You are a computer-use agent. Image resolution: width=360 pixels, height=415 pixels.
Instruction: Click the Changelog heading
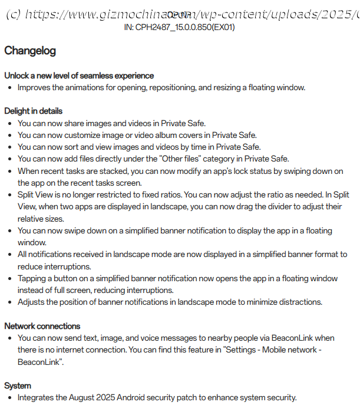point(30,51)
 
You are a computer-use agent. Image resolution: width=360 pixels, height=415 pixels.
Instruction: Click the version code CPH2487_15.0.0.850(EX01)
point(186,27)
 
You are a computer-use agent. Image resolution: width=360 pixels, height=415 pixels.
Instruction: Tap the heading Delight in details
point(33,111)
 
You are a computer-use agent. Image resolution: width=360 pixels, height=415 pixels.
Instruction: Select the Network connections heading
point(42,326)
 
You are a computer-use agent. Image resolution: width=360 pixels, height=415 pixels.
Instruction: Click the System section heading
point(18,386)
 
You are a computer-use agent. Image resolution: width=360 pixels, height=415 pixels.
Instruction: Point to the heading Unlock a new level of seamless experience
point(79,75)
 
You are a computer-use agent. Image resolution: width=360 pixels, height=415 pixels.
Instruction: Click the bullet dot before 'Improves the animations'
point(10,87)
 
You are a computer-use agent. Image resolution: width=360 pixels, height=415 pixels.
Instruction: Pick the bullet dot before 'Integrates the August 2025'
point(10,397)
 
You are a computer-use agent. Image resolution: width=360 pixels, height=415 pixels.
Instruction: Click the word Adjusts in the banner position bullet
point(31,302)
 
